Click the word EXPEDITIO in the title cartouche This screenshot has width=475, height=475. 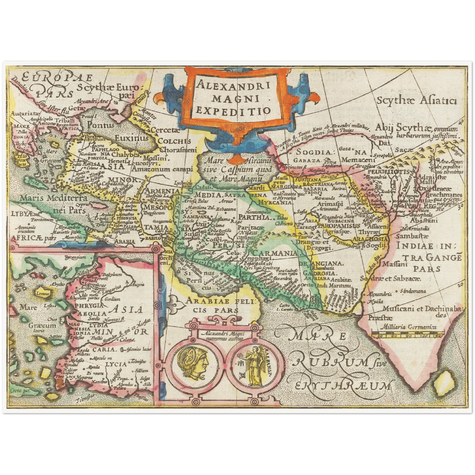[x=233, y=111]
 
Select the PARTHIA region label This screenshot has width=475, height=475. [x=254, y=217]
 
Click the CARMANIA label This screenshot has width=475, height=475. [x=275, y=253]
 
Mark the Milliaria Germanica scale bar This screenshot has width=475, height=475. [x=408, y=335]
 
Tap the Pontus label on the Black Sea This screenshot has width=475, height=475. [x=100, y=125]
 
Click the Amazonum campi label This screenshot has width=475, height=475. [x=162, y=169]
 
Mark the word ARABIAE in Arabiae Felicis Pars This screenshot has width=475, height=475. [x=205, y=300]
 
